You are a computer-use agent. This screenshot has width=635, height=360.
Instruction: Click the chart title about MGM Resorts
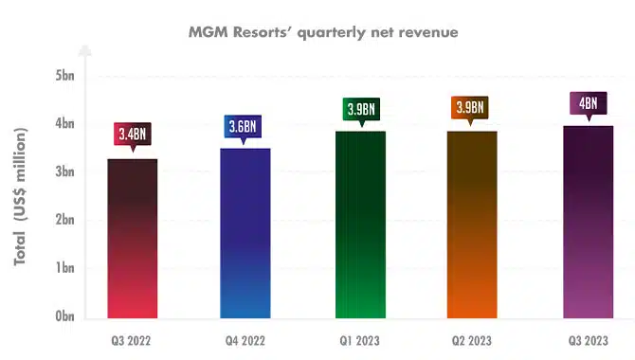(323, 32)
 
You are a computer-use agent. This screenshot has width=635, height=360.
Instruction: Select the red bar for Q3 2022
(133, 239)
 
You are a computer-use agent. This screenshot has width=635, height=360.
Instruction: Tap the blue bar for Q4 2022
(245, 233)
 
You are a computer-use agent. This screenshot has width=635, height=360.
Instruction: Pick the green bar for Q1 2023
(360, 225)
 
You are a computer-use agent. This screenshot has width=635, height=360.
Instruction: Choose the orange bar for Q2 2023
(472, 225)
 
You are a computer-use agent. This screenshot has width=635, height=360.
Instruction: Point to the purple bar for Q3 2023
(588, 222)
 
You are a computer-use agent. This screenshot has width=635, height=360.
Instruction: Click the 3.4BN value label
(133, 134)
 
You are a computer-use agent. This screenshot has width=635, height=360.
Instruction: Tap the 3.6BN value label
(243, 126)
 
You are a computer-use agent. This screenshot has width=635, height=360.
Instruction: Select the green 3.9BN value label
(361, 109)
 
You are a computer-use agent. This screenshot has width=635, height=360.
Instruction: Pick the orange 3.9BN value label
(470, 107)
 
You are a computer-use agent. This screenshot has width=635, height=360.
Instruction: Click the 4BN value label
(589, 103)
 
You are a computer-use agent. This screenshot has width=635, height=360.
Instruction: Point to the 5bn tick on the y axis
(64, 76)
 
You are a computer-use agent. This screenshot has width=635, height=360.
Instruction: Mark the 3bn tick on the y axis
(64, 171)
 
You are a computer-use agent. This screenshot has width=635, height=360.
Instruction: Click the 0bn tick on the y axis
(64, 315)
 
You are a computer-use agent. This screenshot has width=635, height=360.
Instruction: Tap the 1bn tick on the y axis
(64, 268)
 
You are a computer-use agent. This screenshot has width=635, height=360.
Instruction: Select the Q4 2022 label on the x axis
(245, 341)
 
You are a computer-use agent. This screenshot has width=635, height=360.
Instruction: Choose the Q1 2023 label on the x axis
(359, 341)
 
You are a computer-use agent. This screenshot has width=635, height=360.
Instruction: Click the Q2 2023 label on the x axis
(472, 341)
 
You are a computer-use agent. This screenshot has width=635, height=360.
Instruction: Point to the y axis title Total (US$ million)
(20, 196)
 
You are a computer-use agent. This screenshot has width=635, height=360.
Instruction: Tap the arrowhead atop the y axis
(85, 50)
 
